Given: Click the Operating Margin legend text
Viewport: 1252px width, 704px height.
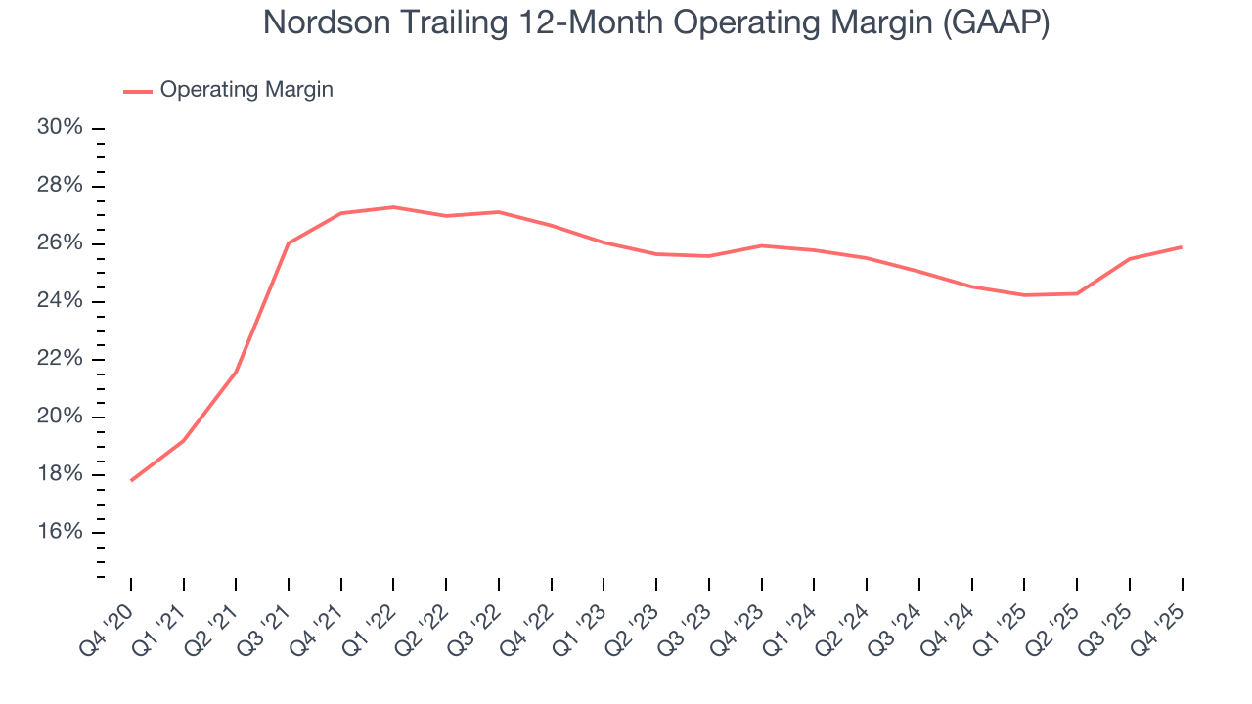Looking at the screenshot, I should point(246,90).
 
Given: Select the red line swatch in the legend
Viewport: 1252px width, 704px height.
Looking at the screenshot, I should point(137,91).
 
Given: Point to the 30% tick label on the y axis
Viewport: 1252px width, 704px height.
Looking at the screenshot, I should point(61,128).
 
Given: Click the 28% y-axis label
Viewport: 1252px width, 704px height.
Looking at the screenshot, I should point(61,186).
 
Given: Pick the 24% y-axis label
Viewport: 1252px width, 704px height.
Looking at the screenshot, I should point(61,301).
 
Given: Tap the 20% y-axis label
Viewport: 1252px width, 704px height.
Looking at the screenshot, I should point(61,417).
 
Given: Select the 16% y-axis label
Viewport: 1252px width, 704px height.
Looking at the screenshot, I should point(61,532).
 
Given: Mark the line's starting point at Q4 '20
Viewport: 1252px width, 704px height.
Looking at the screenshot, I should point(131,480).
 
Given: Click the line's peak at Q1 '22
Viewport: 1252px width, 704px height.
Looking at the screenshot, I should point(393,207).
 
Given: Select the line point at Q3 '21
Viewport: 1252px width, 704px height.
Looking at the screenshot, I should point(289,242).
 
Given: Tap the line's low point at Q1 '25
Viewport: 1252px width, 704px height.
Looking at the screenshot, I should point(1024,295).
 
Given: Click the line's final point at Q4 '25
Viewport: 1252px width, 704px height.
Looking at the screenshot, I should point(1182,246).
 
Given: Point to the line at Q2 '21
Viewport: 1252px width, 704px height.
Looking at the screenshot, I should point(236,373).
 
